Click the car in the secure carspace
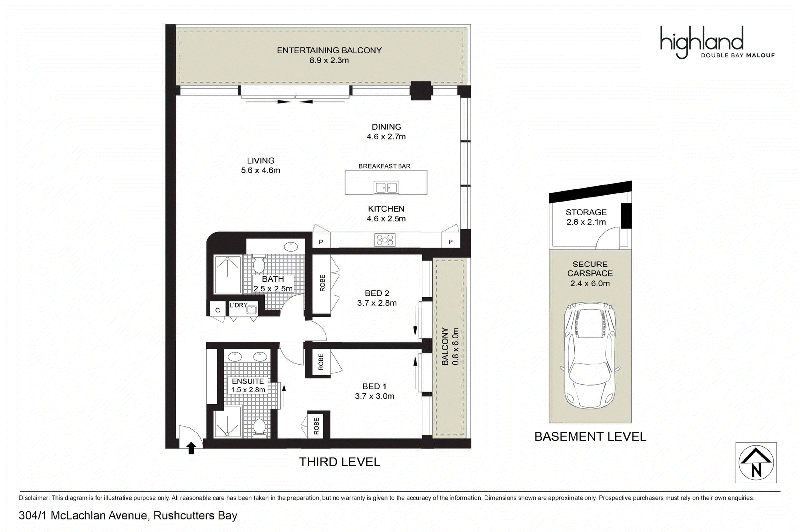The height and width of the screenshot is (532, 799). coord(590,355)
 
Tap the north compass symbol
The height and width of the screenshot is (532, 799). coord(756,462)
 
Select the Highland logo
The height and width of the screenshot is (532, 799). coord(717,42)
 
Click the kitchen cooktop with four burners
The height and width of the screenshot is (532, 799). coord(385,240)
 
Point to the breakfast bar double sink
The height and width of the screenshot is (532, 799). coord(386,187)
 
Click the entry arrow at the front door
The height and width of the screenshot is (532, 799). coord(191,448)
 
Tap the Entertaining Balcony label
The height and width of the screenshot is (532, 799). coord(329,50)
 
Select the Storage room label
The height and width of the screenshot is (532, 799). coord(586,212)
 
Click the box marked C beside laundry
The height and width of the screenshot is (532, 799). coord(217,310)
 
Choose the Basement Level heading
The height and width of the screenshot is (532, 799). coord(590,437)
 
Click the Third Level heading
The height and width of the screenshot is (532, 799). coord(339,462)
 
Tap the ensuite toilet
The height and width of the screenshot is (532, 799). coord(259,428)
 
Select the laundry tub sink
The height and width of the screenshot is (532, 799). coord(252,309)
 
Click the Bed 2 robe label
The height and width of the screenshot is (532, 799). coord(322,283)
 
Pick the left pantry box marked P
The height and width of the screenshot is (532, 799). coord(321,242)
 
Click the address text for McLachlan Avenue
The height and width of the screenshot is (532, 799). coord(128,516)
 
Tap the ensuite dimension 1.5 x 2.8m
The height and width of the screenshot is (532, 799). coord(248,390)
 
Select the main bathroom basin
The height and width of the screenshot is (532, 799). coord(292,247)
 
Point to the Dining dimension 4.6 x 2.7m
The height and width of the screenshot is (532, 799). coord(386,137)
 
